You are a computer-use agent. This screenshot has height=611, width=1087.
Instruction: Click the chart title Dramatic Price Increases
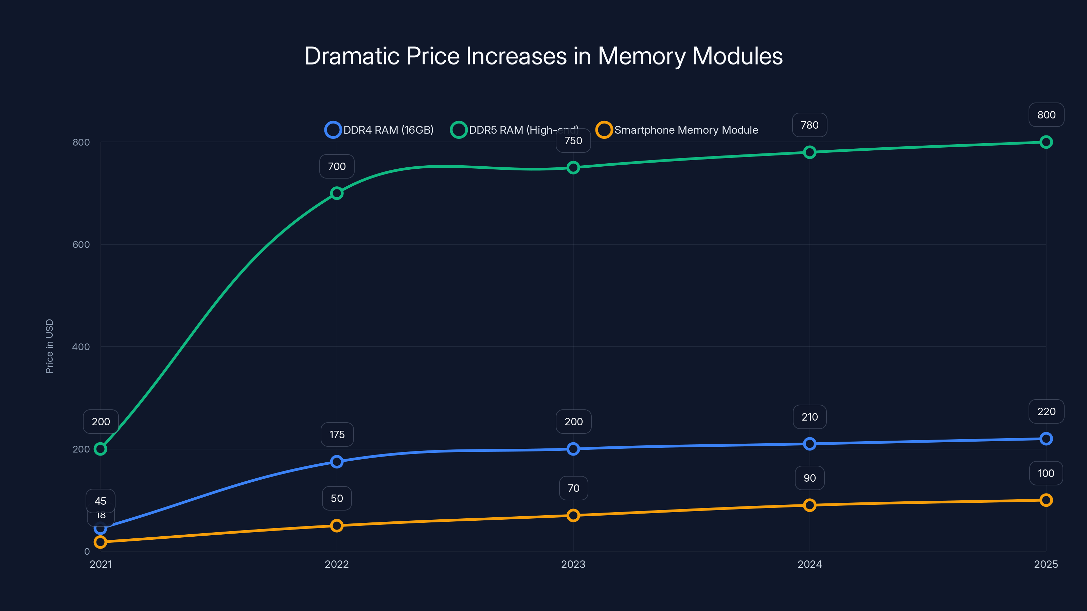[x=543, y=56]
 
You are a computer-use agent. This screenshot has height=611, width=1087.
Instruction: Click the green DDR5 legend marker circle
[x=458, y=130]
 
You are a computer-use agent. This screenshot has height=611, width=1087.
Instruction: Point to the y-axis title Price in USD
[x=49, y=346]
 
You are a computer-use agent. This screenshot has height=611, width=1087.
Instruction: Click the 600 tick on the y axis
[x=81, y=244]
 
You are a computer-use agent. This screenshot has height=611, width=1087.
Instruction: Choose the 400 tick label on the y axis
[x=81, y=347]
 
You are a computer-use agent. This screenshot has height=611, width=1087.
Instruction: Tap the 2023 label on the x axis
[x=573, y=564]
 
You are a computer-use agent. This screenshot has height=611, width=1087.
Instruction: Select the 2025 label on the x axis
[x=1046, y=564]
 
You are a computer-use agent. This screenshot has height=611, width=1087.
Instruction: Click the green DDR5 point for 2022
[x=336, y=193]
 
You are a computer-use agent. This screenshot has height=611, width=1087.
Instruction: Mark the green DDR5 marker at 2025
[x=1046, y=142]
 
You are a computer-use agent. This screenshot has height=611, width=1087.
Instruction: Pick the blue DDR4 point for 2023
[x=573, y=449]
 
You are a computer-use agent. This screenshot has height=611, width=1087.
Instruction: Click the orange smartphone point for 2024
[x=809, y=505]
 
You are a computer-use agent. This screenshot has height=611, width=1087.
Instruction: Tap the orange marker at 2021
[x=101, y=542]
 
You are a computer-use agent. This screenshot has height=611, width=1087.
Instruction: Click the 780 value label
[x=809, y=125]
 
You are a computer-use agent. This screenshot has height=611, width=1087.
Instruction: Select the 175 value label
[x=337, y=434]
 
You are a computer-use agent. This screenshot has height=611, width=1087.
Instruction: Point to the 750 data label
[x=573, y=141]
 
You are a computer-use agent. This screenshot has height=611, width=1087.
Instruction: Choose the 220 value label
[x=1046, y=411]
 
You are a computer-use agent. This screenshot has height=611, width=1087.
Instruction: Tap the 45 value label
[x=101, y=501]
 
